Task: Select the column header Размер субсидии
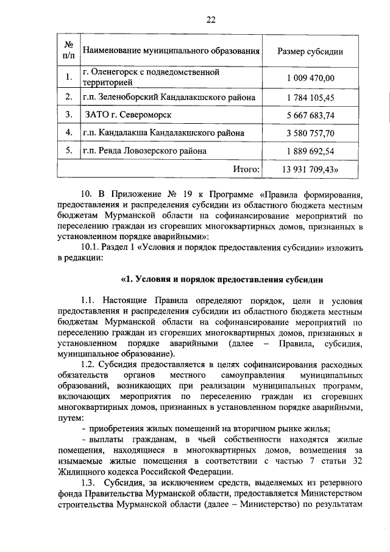point(310,51)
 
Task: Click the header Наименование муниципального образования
point(171,51)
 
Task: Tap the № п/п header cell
point(69,51)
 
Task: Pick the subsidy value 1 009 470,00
point(311,78)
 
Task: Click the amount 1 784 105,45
point(311,98)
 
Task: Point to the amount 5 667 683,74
point(311,115)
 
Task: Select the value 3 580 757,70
point(311,133)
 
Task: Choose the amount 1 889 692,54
point(311,151)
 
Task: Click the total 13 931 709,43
point(311,169)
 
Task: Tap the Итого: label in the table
point(247,169)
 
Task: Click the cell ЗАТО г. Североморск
point(129,115)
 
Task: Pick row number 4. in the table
point(69,133)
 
